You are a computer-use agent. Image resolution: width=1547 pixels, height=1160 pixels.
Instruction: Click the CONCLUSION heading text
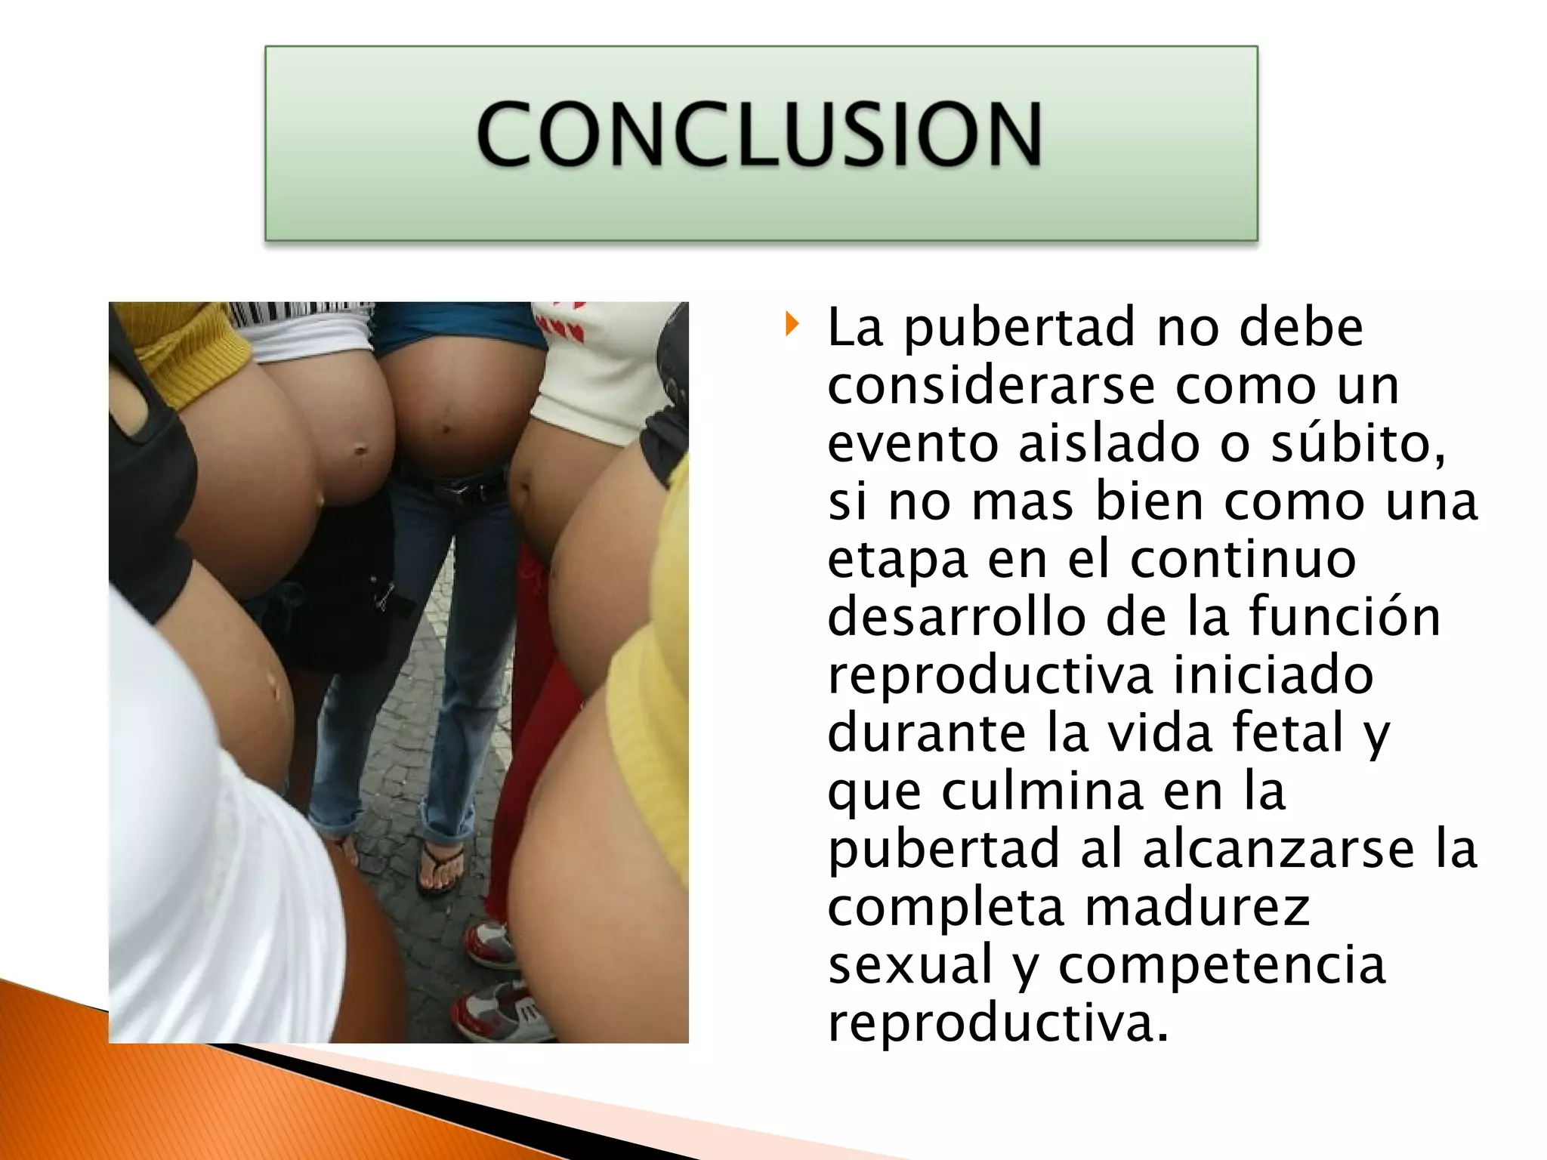point(759,134)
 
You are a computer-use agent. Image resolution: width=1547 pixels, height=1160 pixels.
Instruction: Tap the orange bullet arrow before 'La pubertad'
point(791,325)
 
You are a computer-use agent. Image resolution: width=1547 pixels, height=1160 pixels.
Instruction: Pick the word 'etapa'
point(897,560)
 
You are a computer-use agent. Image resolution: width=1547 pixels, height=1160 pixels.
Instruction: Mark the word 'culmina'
point(1042,791)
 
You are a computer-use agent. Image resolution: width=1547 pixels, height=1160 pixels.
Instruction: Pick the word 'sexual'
point(910,965)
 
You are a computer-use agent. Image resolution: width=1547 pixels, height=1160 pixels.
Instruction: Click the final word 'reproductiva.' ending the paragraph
point(998,1023)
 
